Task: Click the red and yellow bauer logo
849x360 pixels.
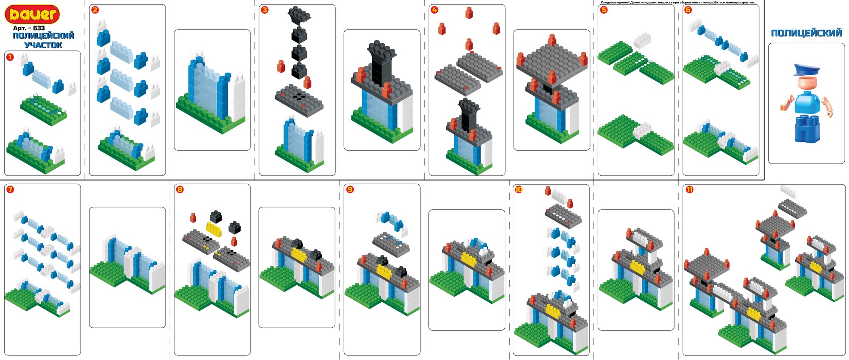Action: click(x=32, y=14)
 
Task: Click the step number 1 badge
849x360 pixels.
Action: click(x=10, y=57)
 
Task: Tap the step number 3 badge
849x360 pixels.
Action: click(x=265, y=10)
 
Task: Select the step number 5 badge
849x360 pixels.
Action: click(x=604, y=10)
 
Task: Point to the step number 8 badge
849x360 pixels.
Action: click(x=180, y=189)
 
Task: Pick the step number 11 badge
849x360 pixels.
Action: click(x=689, y=189)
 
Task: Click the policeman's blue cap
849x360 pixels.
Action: click(x=806, y=69)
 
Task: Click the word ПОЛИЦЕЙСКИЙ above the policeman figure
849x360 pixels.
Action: click(x=806, y=33)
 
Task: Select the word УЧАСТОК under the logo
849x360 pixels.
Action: click(x=43, y=45)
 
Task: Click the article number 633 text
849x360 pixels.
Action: click(x=29, y=28)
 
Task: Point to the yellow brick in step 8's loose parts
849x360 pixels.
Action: click(x=214, y=229)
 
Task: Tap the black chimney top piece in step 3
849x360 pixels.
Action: click(x=299, y=15)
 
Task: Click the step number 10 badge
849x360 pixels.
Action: click(x=518, y=189)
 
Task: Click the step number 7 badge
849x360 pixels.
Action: click(x=10, y=189)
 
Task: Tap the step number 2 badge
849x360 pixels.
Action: click(x=95, y=10)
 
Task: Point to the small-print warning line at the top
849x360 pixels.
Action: click(x=678, y=3)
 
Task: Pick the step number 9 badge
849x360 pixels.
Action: click(x=350, y=189)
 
